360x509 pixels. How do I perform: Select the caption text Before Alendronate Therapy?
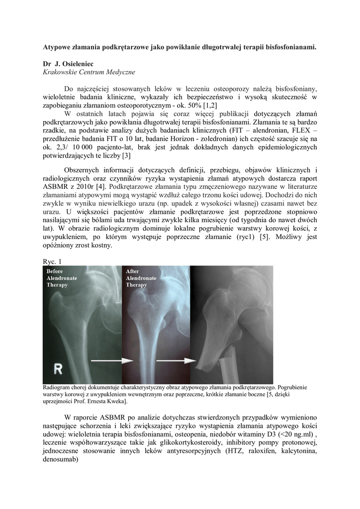tap(61, 278)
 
